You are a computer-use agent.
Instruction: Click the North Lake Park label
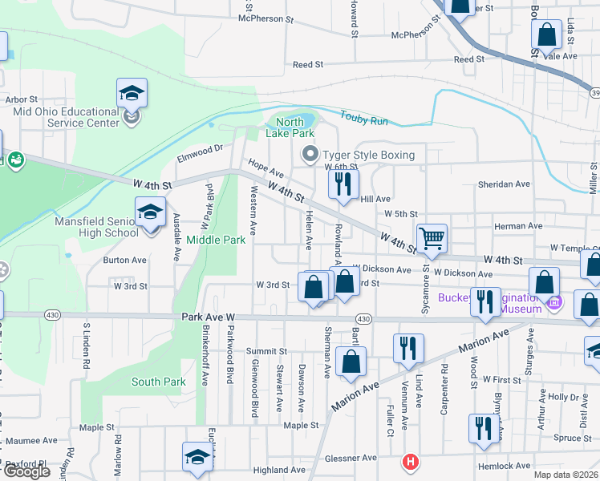[290, 127]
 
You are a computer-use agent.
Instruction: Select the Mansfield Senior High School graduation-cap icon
[149, 212]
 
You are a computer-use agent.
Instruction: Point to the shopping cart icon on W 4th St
[432, 237]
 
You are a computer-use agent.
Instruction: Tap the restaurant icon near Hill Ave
[343, 184]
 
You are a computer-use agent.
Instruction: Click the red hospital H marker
[411, 463]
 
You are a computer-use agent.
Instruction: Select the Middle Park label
[216, 239]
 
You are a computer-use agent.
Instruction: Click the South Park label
[159, 382]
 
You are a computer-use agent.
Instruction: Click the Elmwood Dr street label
[200, 150]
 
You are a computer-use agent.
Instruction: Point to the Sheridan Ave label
[504, 184]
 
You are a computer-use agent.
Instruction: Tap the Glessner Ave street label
[351, 458]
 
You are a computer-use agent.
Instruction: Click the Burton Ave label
[124, 260]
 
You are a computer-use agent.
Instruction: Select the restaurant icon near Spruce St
[481, 428]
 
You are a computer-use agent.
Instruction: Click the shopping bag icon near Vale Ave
[545, 36]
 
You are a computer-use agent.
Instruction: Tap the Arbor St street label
[22, 99]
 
